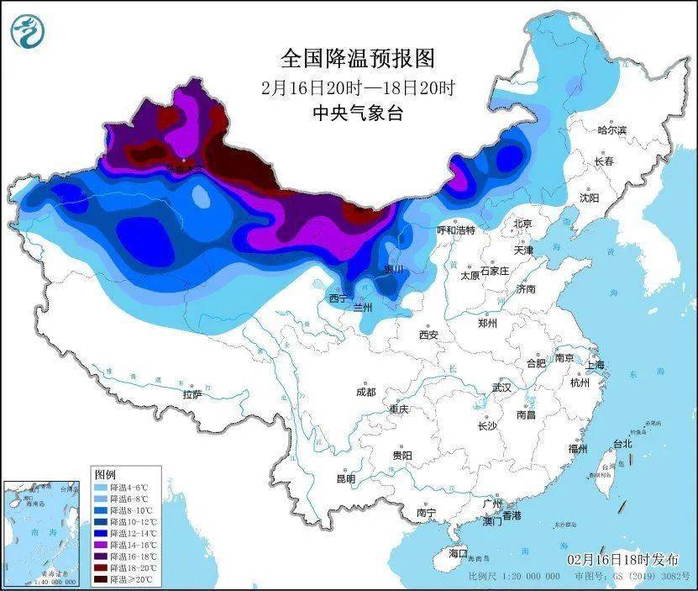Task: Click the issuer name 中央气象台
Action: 358,113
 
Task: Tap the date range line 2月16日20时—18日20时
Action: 358,87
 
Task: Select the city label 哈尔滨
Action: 611,130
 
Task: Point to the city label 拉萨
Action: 192,393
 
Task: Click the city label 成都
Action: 365,392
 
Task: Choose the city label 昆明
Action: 345,478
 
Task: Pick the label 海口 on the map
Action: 457,553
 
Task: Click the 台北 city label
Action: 622,443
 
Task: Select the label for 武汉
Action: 502,388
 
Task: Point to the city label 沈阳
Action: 589,198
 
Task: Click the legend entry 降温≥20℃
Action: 124,579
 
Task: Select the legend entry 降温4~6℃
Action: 124,487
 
